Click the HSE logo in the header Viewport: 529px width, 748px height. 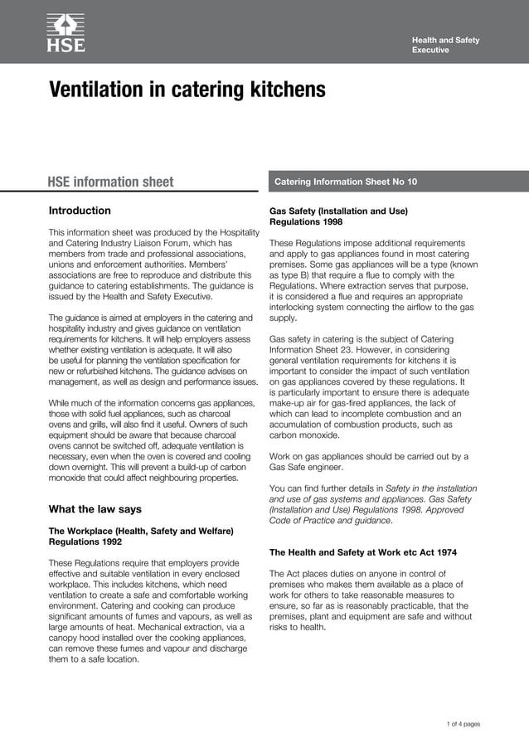click(66, 32)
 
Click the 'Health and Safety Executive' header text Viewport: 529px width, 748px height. click(445, 45)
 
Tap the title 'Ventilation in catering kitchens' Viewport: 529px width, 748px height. click(187, 90)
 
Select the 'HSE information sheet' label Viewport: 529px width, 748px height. click(110, 182)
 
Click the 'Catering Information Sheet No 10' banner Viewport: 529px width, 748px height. click(346, 181)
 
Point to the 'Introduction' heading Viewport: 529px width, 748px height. click(80, 211)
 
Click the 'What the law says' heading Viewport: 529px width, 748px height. click(95, 509)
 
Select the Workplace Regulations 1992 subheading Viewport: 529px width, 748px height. click(140, 537)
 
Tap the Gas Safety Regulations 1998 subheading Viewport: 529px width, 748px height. click(338, 216)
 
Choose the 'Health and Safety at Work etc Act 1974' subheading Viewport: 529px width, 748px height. click(362, 552)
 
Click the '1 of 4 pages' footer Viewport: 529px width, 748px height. click(463, 724)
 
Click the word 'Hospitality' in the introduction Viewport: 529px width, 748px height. click(221, 232)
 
